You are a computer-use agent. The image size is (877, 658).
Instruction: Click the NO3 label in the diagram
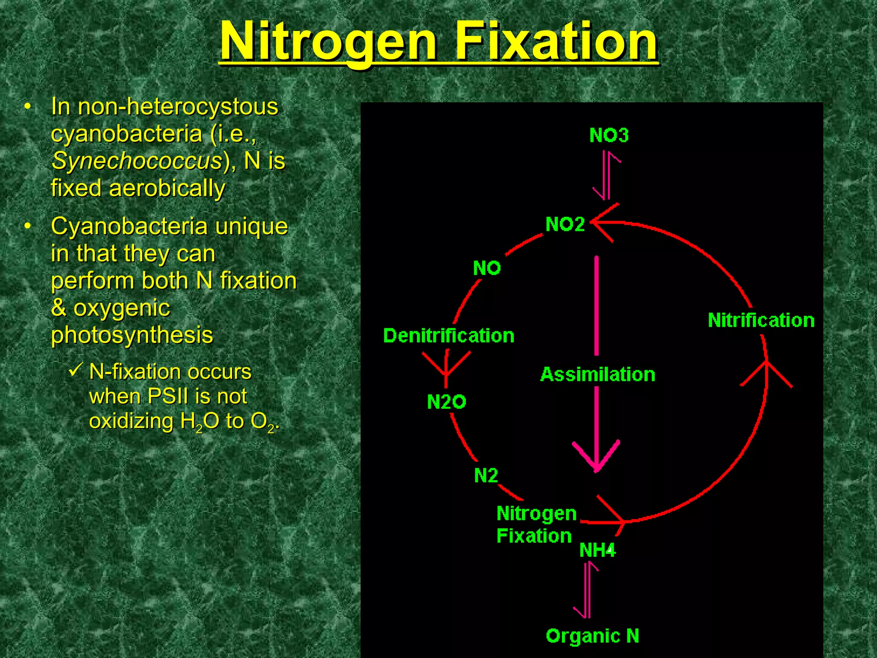(609, 135)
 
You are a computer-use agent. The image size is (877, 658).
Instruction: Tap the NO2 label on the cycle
(565, 224)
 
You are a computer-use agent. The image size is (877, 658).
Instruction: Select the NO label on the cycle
(487, 268)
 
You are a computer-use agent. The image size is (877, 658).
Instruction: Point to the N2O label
(446, 402)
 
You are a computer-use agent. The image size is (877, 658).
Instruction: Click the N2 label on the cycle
(486, 476)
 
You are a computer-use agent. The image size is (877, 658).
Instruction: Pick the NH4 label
(597, 550)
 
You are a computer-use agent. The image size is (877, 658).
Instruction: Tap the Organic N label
(593, 636)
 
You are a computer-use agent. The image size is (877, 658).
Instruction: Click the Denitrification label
(449, 335)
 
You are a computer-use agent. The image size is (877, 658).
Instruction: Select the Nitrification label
(761, 320)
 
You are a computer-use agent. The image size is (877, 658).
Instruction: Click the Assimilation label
(598, 374)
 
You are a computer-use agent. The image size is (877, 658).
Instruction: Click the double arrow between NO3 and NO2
(606, 175)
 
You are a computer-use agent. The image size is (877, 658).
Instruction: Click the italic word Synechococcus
(137, 161)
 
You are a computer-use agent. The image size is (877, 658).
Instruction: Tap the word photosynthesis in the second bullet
(132, 335)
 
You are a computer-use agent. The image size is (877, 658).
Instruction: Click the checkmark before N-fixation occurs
(75, 370)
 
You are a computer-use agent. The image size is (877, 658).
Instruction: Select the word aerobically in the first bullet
(167, 188)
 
